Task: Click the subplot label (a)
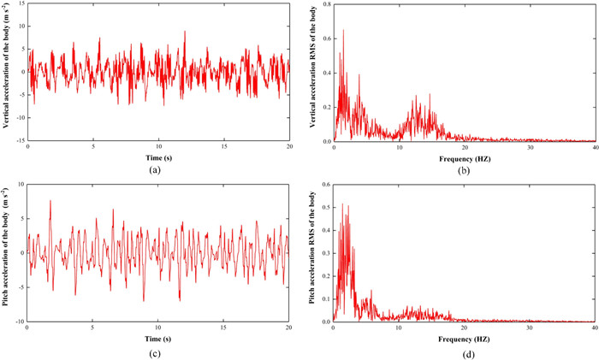[x=158, y=169]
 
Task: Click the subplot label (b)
[x=463, y=169]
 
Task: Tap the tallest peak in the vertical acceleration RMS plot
[x=343, y=31]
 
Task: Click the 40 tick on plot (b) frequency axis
[x=595, y=147]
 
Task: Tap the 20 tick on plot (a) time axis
[x=289, y=147]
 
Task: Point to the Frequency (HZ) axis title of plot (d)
[x=463, y=338]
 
